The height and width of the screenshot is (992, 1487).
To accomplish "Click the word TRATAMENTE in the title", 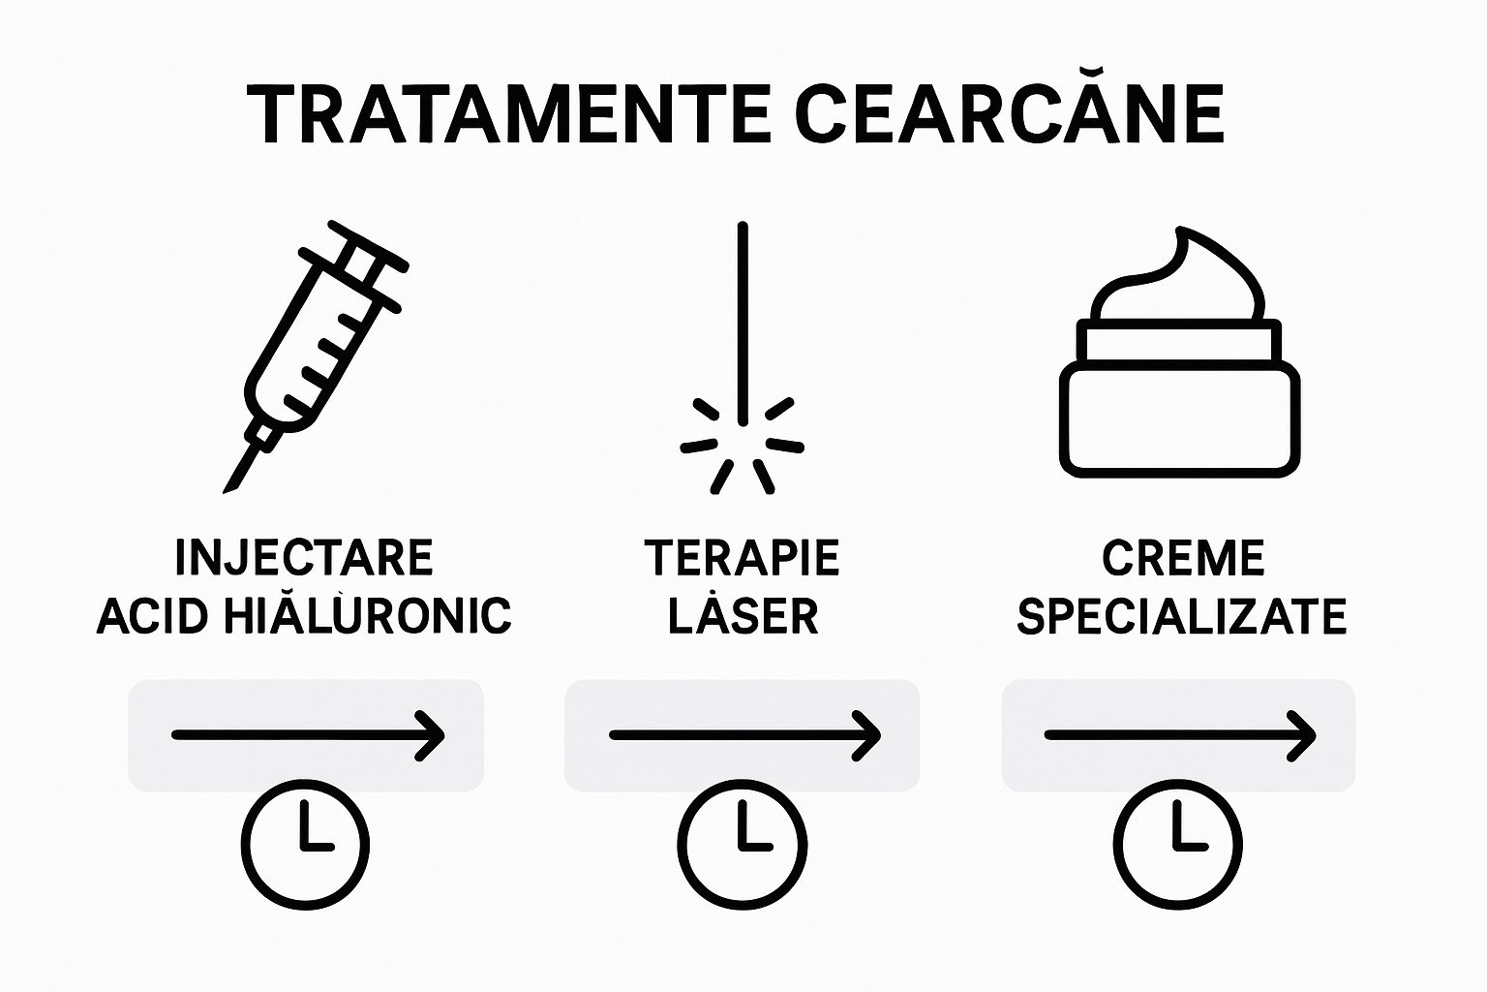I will pyautogui.click(x=508, y=114).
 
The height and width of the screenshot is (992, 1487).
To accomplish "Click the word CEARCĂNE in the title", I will pyautogui.click(x=1013, y=114).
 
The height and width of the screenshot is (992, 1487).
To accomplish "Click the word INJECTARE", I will pyautogui.click(x=304, y=557).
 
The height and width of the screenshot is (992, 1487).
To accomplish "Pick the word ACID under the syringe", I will pyautogui.click(x=152, y=615).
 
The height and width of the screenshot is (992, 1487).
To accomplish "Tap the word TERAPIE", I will pyautogui.click(x=742, y=557).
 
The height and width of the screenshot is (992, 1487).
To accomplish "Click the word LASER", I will pyautogui.click(x=743, y=616).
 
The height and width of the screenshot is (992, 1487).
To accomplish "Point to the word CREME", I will pyautogui.click(x=1183, y=557).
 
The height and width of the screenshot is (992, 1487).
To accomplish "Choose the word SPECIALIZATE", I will pyautogui.click(x=1182, y=616).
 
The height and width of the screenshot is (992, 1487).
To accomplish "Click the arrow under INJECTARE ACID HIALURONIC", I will pyautogui.click(x=307, y=735).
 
